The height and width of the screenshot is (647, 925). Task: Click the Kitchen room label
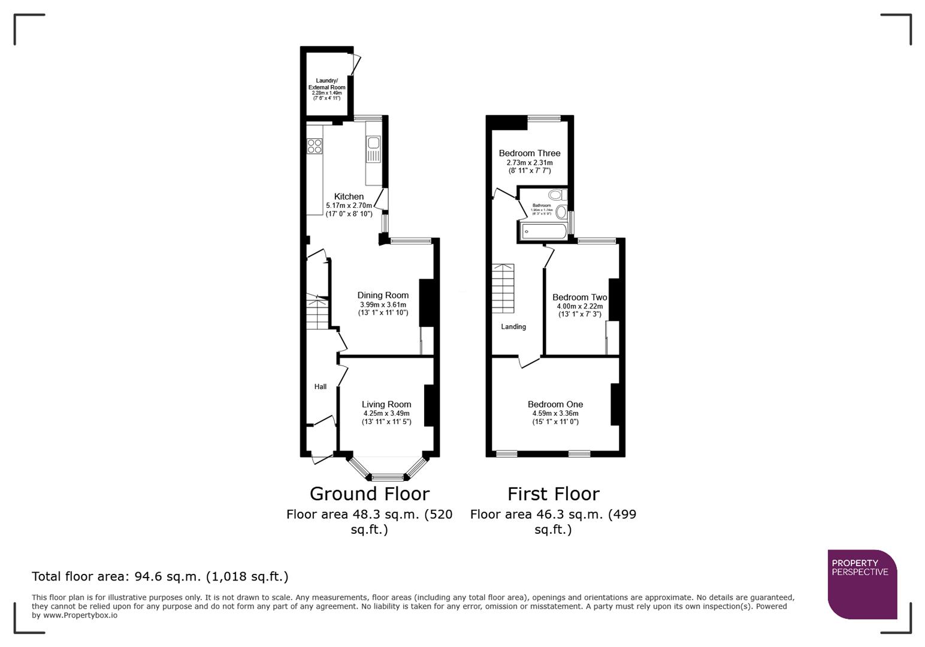coord(349,196)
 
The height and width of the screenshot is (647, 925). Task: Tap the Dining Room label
coord(383,295)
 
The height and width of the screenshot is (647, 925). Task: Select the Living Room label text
coord(386,404)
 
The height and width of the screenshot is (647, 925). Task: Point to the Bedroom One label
coord(555,404)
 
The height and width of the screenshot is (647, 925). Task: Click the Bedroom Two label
coord(579,297)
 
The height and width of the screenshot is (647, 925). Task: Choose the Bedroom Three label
coord(530,153)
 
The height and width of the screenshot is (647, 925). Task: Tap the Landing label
coord(513,326)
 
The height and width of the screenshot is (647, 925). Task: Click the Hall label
coord(321,386)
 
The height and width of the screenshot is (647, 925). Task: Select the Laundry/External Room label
coord(327,84)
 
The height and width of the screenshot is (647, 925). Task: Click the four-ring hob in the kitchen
coord(315,146)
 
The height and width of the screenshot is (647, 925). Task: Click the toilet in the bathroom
coord(557,195)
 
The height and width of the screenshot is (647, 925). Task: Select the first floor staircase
coord(503,288)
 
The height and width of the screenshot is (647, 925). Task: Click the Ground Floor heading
coord(370,494)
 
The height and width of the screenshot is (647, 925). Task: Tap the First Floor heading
coord(553,494)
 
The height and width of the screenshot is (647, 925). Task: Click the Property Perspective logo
coord(862,584)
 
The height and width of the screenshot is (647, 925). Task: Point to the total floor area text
coord(160,576)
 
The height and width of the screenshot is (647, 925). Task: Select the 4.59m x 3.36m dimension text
coord(555,413)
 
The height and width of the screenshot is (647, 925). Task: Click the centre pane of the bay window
coord(388,477)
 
